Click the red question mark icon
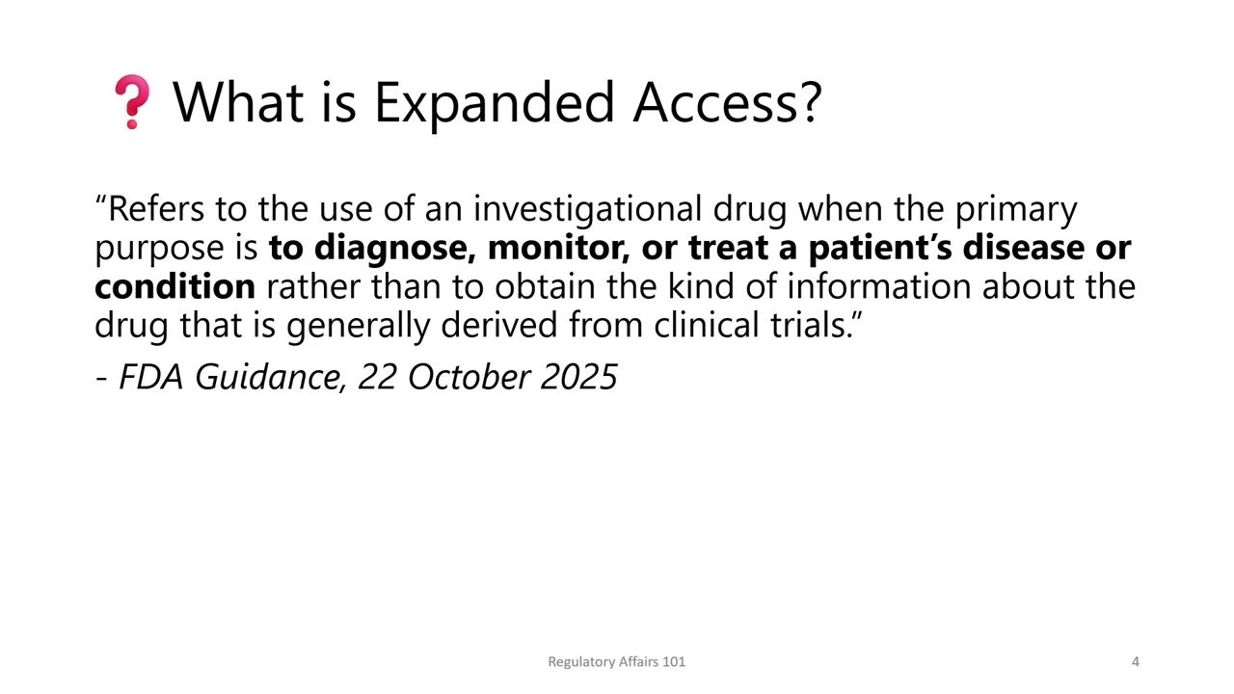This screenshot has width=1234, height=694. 132,102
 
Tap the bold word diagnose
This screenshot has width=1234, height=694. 393,248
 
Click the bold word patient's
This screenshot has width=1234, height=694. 878,248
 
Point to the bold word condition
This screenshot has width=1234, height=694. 174,286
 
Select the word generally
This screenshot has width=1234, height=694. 359,325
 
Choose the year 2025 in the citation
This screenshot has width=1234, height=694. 578,376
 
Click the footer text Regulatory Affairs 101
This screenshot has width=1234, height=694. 616,661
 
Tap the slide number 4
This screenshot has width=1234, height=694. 1135,661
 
